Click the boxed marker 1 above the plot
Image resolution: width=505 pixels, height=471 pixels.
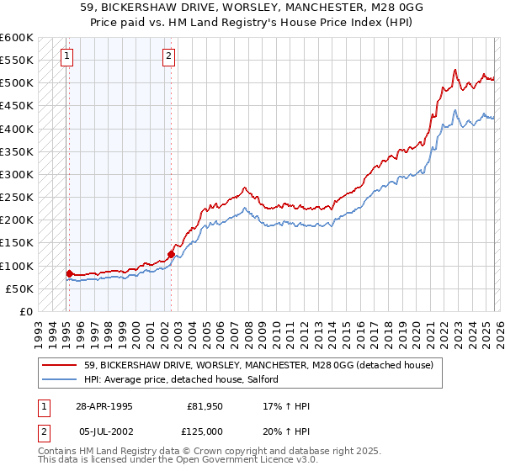pos(66,56)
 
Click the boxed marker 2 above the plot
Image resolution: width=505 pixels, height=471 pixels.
pos(168,56)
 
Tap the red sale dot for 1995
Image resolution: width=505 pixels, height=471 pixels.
pos(69,273)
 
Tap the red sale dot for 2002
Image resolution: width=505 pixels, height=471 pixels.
pos(171,253)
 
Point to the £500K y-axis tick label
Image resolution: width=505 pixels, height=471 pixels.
pos(17,83)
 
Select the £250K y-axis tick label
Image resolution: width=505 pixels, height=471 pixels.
pos(17,198)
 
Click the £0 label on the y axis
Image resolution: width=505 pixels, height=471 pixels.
pos(25,312)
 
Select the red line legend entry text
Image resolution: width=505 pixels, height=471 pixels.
pos(258,365)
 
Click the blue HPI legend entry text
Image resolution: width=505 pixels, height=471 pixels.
pos(187,380)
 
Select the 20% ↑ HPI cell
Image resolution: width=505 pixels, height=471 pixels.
pos(286,431)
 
